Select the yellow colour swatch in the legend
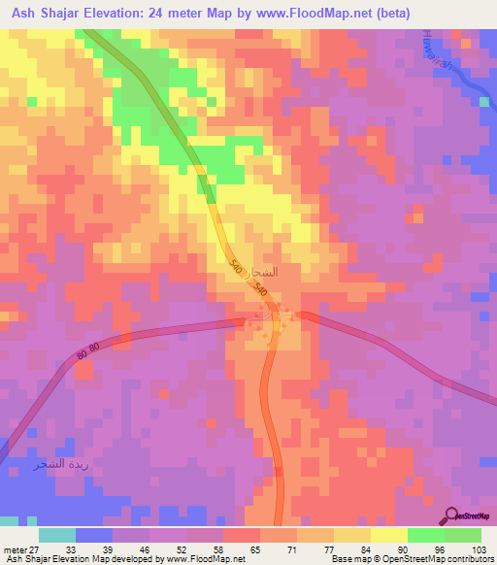[388, 534]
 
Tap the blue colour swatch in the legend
[93, 534]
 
